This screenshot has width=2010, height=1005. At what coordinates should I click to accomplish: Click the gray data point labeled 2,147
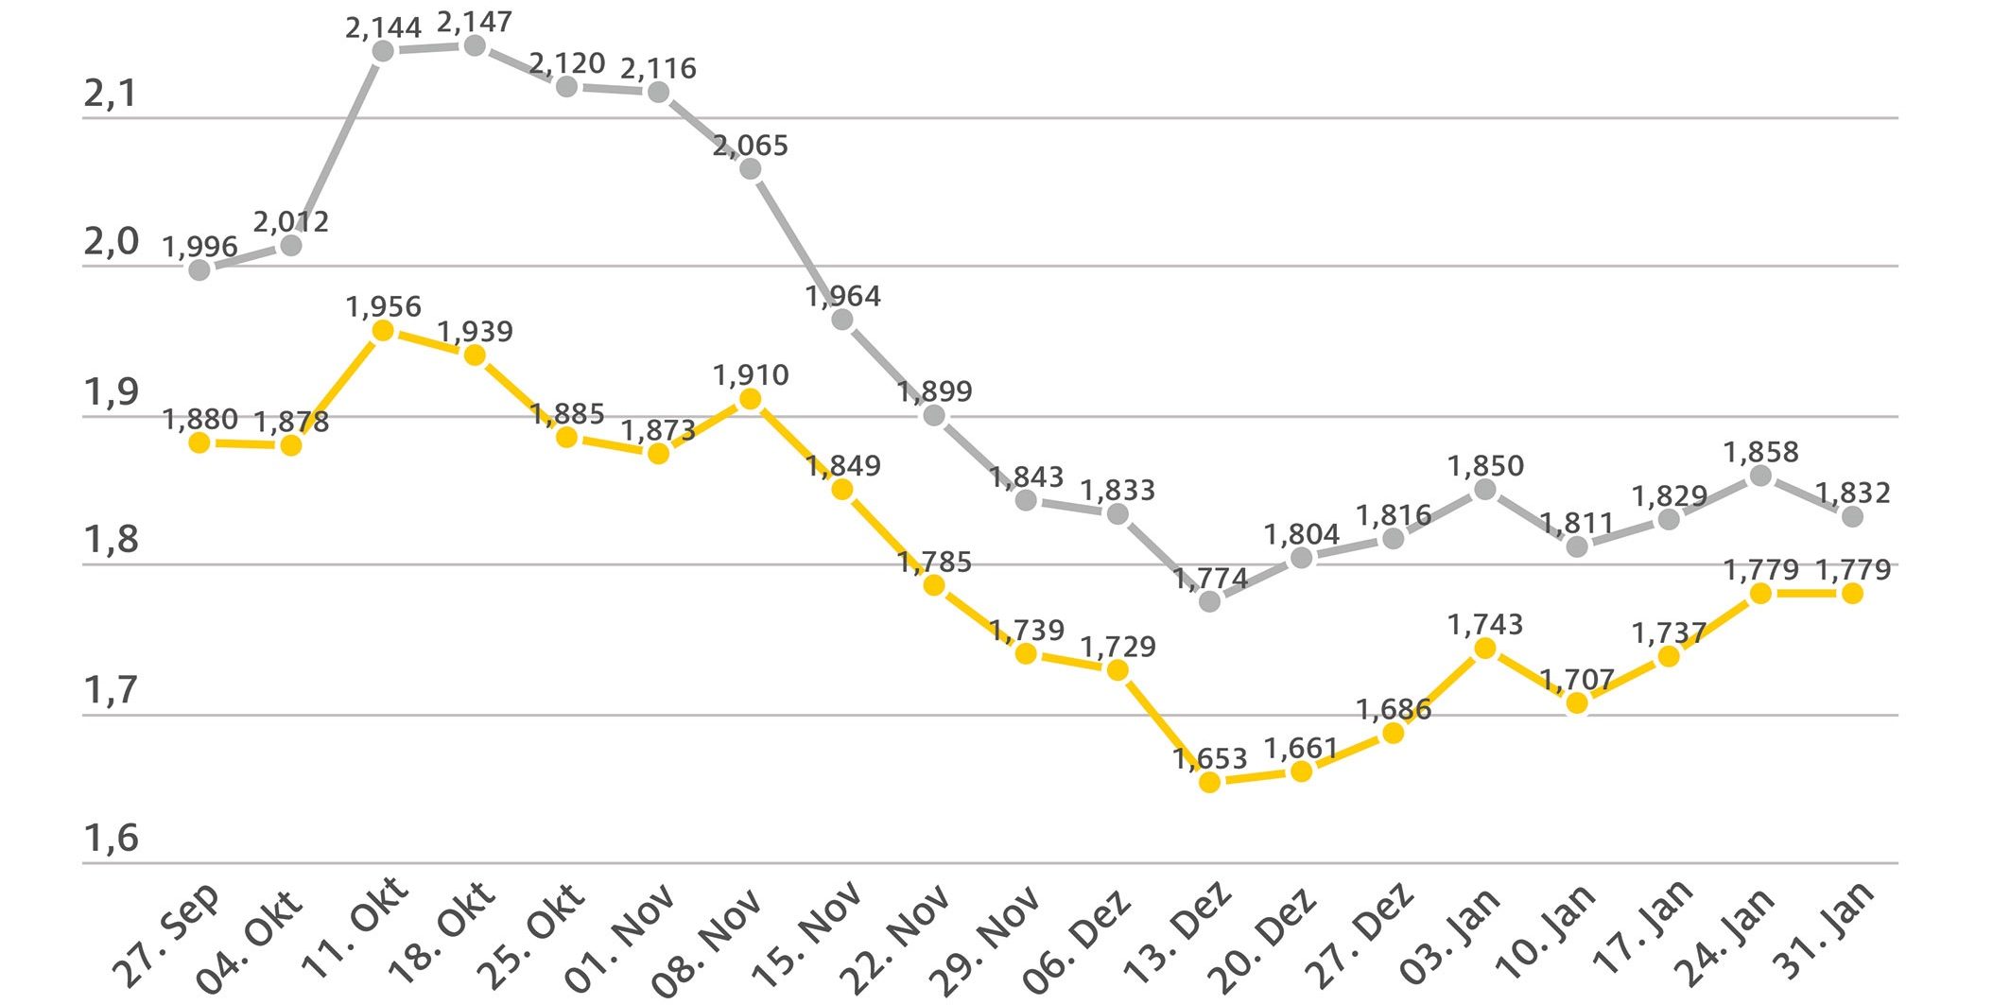[x=475, y=45]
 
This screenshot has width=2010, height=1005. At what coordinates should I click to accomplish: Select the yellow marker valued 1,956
[x=383, y=330]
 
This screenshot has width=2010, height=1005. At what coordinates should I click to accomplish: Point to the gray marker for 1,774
[x=1209, y=600]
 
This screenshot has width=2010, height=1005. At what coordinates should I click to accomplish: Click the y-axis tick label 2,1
[x=111, y=94]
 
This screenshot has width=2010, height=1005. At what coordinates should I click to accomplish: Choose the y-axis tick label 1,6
[x=111, y=838]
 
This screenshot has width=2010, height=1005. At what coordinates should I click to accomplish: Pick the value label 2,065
[x=750, y=146]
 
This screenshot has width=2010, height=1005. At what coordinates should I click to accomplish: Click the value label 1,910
[x=750, y=375]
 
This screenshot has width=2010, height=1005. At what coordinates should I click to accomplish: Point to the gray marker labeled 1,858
[x=1760, y=476]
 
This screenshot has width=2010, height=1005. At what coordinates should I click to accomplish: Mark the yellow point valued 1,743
[x=1484, y=648]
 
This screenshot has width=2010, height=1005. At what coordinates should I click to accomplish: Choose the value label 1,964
[x=842, y=297]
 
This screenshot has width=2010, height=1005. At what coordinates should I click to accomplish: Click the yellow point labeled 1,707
[x=1576, y=702]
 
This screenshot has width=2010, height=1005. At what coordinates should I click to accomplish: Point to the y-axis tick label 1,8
[x=111, y=540]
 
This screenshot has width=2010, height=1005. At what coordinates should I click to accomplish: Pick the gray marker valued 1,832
[x=1852, y=516]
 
